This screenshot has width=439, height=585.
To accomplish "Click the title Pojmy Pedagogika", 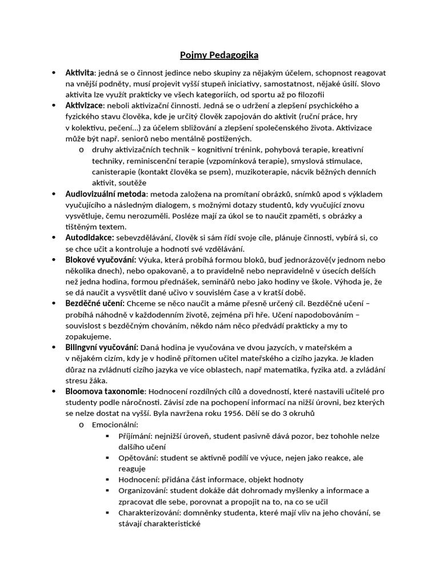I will tap(219, 55).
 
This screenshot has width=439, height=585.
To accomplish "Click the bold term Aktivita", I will tap(80, 73).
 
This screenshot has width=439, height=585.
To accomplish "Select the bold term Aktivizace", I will tap(84, 106).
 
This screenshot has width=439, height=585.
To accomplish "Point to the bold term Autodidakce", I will tap(90, 238).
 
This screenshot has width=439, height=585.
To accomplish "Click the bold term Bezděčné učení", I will tap(94, 303).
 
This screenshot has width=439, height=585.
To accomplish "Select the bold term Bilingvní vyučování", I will tap(102, 347).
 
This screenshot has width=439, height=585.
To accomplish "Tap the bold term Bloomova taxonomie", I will tap(105, 391).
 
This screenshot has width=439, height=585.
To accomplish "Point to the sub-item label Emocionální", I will tap(114, 424).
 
